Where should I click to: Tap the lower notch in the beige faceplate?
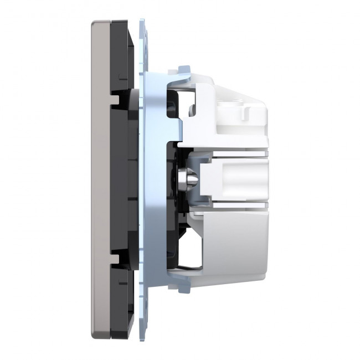click(x=116, y=256)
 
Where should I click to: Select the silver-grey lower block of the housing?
click(x=233, y=244)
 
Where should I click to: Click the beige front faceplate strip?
click(x=100, y=177)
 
